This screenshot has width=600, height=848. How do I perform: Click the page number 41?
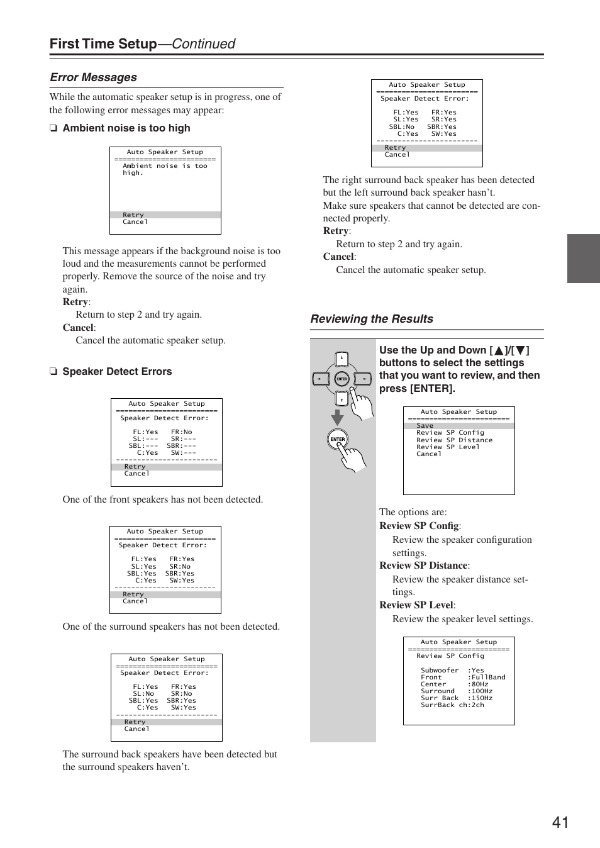pos(560,822)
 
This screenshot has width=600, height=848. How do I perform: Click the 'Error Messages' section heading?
pos(93,77)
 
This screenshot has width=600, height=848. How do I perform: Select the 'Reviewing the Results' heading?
pos(371,319)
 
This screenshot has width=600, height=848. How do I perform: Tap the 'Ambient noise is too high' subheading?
pos(126,128)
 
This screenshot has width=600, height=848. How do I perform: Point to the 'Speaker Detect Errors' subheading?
pos(117,372)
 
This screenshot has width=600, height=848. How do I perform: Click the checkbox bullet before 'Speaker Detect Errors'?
pos(53,372)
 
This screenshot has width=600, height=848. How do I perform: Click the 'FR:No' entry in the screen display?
pos(182,432)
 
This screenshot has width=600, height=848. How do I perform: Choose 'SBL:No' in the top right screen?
pos(401,126)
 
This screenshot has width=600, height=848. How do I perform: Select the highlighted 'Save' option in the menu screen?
pos(425,426)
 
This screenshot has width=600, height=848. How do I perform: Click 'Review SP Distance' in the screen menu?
pos(454,440)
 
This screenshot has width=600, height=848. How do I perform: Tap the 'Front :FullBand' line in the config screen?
pos(463,678)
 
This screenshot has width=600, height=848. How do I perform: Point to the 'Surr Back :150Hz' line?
pos(457,698)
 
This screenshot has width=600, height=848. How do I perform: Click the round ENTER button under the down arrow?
pos(338,439)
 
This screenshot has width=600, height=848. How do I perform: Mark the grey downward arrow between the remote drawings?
pos(338,417)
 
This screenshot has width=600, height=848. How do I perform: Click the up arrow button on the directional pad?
pos(342,360)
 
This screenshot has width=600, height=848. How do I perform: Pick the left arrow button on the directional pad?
pos(321,379)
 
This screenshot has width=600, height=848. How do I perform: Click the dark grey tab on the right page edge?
pos(583,259)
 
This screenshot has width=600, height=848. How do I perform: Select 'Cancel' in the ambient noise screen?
pos(135,222)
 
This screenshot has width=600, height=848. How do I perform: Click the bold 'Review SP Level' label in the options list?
pos(416,605)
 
